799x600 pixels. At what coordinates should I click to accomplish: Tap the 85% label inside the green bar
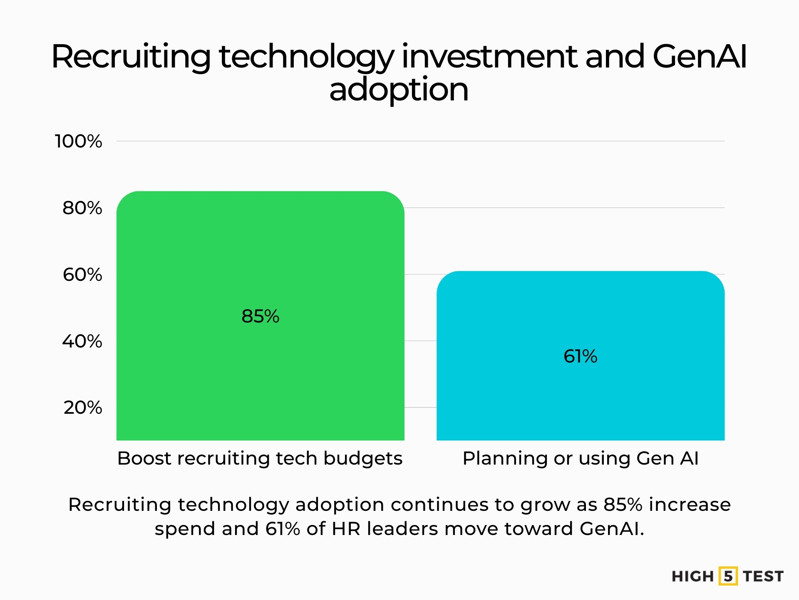click(260, 316)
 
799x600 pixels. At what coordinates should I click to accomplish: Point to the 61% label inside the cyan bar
click(580, 356)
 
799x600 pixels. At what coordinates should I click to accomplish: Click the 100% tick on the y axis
click(78, 141)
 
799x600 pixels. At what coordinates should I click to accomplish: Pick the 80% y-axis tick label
click(82, 208)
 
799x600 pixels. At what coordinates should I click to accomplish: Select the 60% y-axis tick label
click(82, 275)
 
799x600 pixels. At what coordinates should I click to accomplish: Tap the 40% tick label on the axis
click(82, 341)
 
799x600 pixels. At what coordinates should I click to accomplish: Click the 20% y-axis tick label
click(82, 407)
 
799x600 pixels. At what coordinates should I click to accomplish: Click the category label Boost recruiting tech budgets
click(260, 458)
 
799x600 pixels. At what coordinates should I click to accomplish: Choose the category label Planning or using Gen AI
click(581, 458)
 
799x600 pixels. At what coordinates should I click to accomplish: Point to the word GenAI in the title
click(700, 57)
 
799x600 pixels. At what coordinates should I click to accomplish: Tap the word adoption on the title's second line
click(399, 90)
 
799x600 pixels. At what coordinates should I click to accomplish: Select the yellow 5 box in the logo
click(728, 576)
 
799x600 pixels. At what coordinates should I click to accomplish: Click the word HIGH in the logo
click(692, 577)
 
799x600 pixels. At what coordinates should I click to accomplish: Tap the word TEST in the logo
click(763, 577)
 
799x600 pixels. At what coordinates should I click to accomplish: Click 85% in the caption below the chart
click(623, 505)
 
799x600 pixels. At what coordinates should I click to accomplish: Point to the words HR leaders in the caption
click(385, 529)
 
